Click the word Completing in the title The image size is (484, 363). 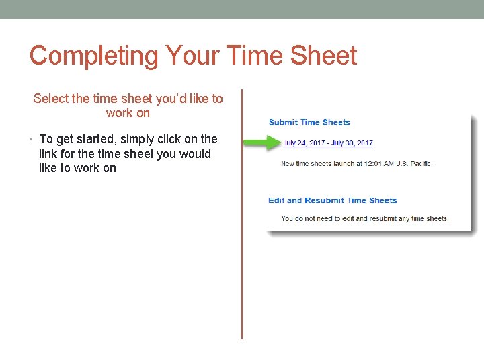(x=93, y=56)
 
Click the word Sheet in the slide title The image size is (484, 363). (x=324, y=56)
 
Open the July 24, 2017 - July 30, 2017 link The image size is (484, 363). (x=328, y=143)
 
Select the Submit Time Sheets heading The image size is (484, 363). (x=309, y=122)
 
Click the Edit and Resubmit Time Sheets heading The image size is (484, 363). (x=333, y=200)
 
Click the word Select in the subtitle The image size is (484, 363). (x=50, y=99)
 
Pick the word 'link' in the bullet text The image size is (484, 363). (x=49, y=154)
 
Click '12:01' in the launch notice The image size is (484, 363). (x=372, y=163)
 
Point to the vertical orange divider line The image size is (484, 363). (x=242, y=215)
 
